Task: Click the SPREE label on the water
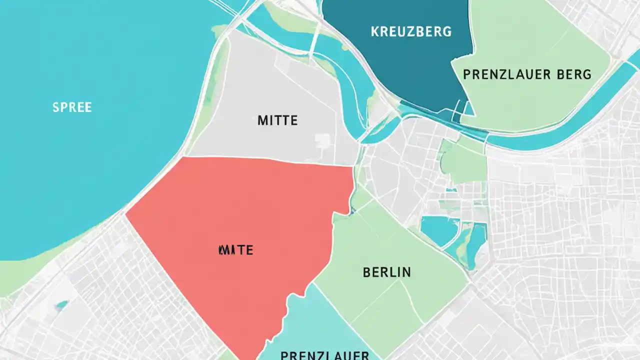[72, 107]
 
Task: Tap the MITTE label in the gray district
[277, 120]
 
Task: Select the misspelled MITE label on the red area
[235, 250]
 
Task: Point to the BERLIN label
[386, 272]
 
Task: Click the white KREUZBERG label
[411, 31]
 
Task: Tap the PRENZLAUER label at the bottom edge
[324, 355]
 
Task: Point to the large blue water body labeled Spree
[90, 150]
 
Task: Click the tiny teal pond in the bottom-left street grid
[62, 304]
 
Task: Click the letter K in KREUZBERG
[374, 31]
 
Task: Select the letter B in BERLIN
[366, 272]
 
